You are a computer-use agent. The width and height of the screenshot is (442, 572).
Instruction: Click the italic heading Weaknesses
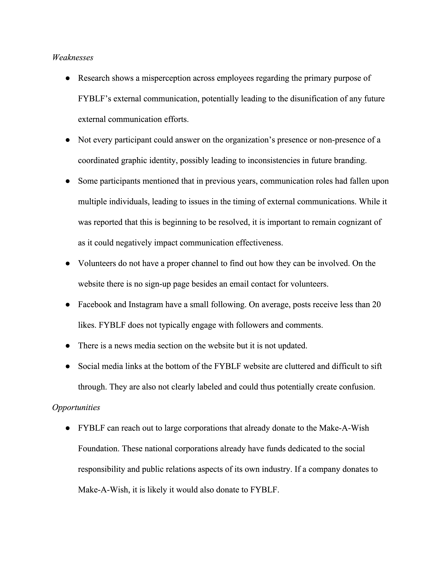[x=73, y=58]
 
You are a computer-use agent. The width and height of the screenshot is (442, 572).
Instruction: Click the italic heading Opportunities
[x=76, y=408]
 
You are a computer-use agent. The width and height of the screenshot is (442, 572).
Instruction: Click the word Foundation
[x=99, y=449]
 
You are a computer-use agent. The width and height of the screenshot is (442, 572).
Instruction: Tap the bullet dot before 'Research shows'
[x=68, y=78]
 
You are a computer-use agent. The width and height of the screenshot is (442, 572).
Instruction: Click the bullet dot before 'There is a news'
[x=68, y=346]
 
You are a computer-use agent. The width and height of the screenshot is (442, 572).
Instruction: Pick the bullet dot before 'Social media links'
[x=68, y=367]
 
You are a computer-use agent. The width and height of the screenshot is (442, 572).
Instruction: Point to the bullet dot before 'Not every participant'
[x=68, y=140]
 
